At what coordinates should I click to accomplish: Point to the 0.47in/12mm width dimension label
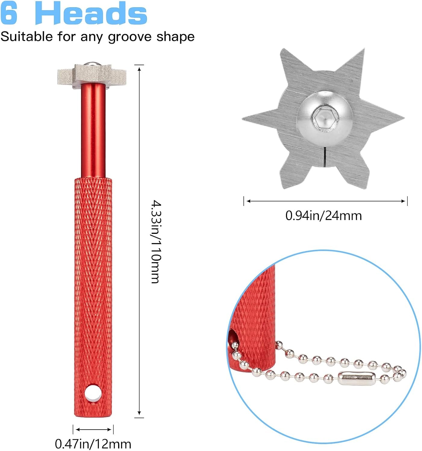click(x=93, y=444)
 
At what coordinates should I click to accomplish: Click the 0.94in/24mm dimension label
click(x=324, y=216)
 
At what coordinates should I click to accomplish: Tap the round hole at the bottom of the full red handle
click(x=93, y=392)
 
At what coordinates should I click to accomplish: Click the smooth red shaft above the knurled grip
click(x=93, y=129)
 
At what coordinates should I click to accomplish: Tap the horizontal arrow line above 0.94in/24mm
click(x=325, y=201)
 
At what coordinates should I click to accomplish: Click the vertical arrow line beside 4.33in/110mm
click(x=139, y=241)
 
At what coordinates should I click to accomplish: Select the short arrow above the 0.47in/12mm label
click(x=93, y=429)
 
